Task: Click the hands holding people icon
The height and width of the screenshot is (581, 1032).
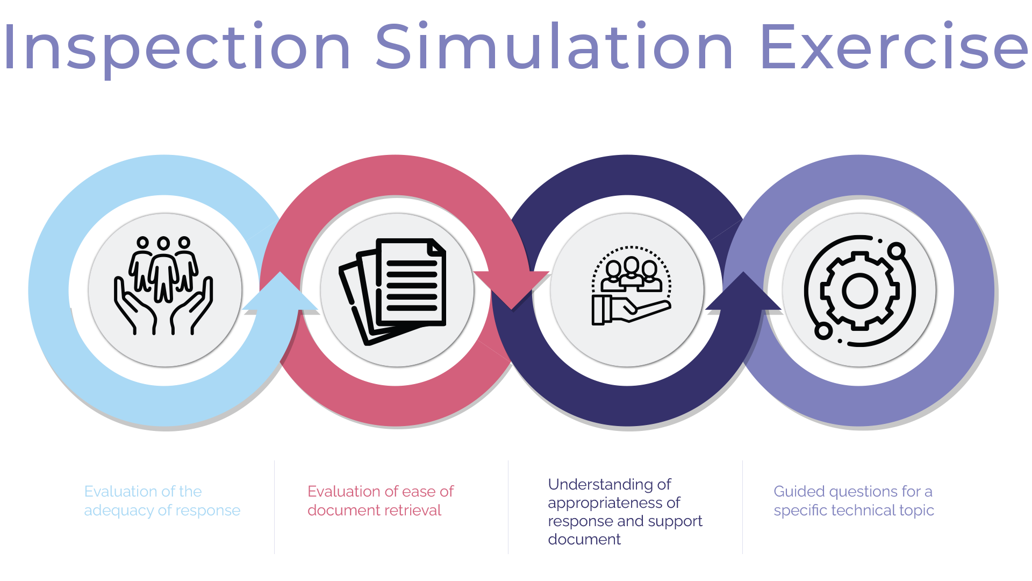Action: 163,285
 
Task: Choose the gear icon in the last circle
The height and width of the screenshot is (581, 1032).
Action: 859,290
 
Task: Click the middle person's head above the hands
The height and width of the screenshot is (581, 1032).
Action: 163,244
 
